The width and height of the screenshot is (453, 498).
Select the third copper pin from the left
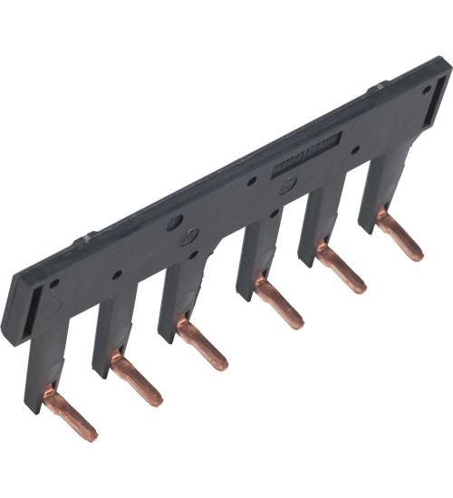click(201, 344)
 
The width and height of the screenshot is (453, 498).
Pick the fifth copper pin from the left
click(340, 267)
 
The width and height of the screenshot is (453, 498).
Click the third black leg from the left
click(176, 294)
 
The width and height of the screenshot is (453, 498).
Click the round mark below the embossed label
click(288, 186)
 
